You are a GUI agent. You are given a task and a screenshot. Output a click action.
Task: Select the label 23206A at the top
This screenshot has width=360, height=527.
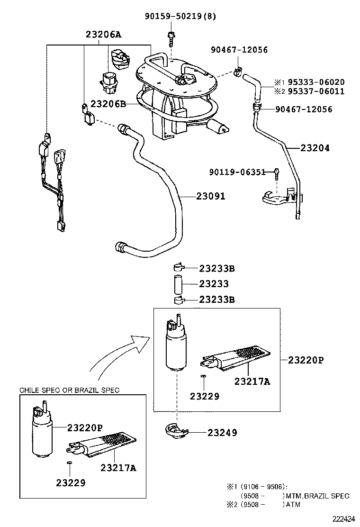103,35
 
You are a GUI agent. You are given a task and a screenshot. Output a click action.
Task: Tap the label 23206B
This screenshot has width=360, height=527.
108,104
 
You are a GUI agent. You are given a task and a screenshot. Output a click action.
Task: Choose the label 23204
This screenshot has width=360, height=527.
315,148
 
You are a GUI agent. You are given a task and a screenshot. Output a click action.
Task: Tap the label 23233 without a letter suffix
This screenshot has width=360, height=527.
214,284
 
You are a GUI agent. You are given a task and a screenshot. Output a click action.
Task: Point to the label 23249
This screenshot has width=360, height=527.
222,433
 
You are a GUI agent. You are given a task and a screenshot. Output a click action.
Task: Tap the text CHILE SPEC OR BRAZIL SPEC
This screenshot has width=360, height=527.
69,390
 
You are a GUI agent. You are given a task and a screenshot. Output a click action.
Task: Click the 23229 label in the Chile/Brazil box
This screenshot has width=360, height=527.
71,483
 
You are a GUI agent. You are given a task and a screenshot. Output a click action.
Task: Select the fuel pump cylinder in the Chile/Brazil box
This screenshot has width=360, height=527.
42,434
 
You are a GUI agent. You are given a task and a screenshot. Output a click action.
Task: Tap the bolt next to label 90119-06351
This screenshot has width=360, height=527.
275,173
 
